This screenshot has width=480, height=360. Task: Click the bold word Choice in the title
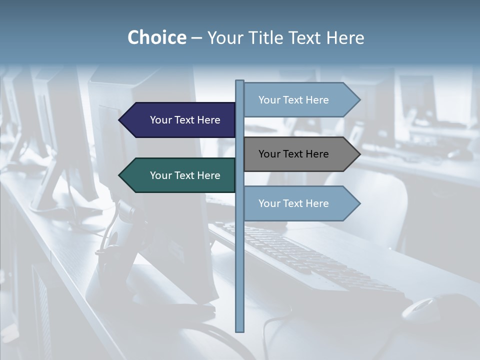point(156,37)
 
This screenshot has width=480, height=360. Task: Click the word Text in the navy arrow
point(185,120)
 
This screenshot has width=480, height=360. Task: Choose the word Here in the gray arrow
point(317,154)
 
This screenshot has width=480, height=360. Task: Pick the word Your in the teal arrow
point(160,175)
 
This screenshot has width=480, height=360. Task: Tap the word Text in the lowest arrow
point(294,203)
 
